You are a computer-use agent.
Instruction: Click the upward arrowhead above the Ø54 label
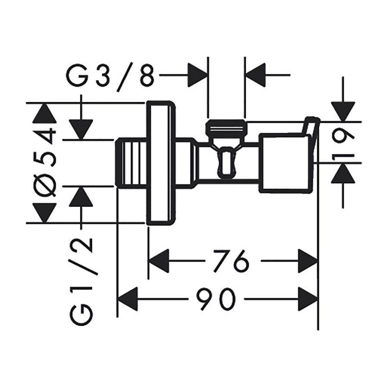tap(46, 114)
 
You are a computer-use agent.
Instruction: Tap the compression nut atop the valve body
tap(226, 127)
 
